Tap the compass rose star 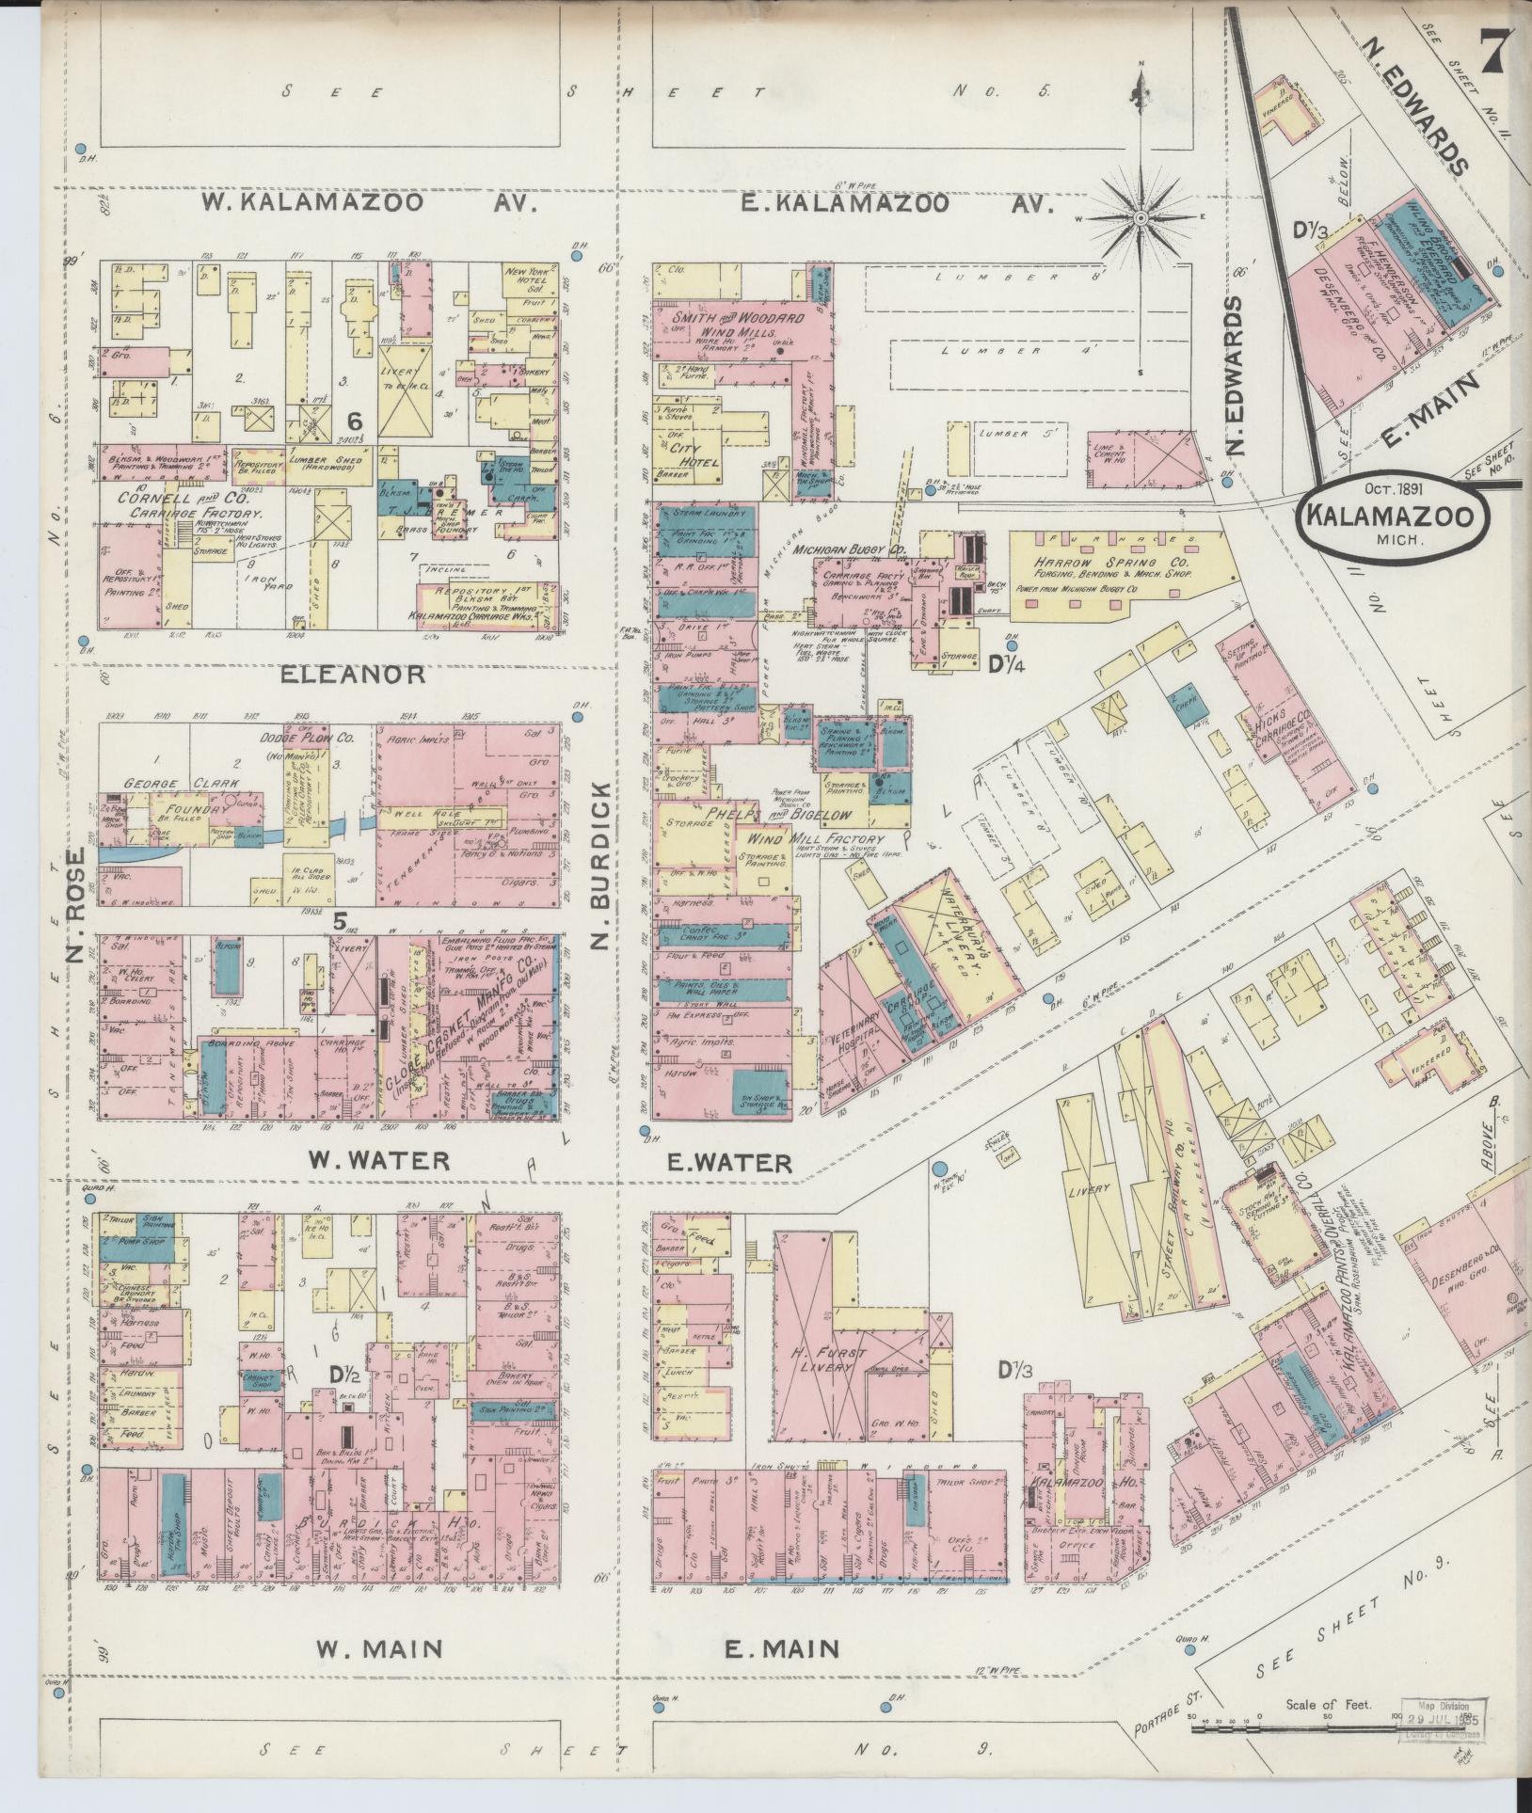(1141, 218)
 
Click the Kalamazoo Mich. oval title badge (1391, 520)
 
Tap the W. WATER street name (379, 1161)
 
